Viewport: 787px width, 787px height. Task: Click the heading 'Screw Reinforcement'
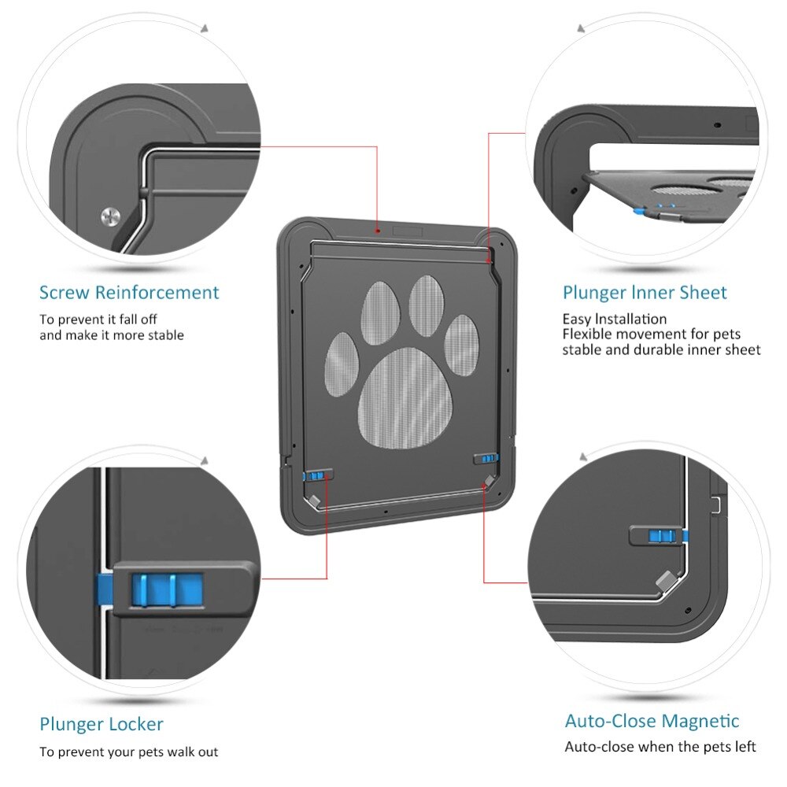(129, 293)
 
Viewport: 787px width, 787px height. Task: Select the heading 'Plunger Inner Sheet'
(645, 293)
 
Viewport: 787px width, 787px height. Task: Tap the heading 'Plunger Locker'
(102, 723)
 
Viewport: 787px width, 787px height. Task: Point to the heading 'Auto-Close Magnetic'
(652, 721)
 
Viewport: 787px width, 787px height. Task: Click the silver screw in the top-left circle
(111, 215)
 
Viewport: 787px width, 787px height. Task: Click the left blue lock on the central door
(316, 476)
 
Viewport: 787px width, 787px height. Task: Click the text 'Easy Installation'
(614, 319)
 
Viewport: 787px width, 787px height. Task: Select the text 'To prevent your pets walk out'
(129, 752)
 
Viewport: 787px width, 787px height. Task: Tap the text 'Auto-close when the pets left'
(660, 746)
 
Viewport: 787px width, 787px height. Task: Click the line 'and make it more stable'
(112, 335)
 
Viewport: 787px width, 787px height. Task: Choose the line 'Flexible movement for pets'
(651, 334)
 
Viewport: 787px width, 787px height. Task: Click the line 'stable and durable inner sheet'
(661, 349)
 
